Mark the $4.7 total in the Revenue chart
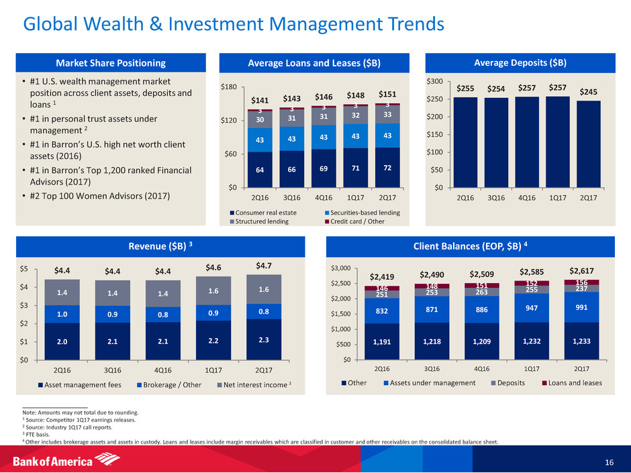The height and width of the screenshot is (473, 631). point(263,266)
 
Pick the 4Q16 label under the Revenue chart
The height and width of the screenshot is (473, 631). point(162,369)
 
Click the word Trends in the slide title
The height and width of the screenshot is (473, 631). point(410,25)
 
